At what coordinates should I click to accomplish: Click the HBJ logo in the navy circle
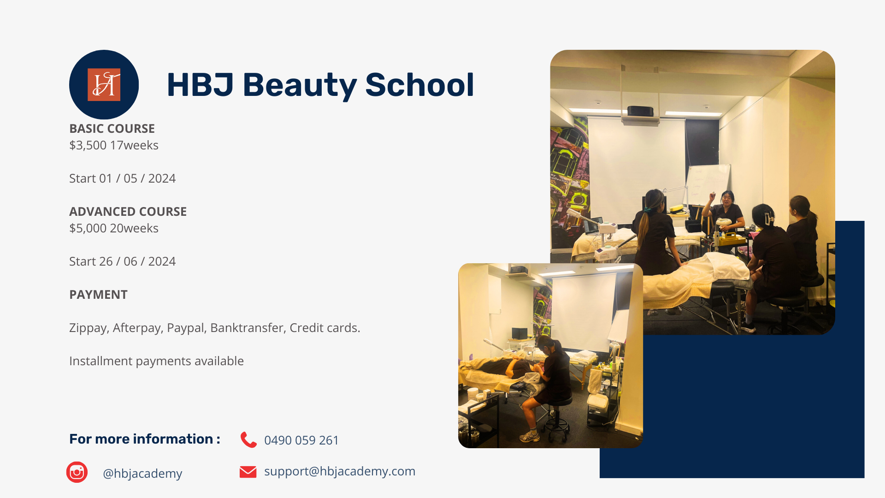(104, 85)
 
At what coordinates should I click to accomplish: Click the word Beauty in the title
(300, 86)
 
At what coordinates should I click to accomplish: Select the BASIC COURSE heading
(112, 129)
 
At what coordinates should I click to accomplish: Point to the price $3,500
(88, 145)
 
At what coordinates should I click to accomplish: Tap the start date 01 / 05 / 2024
(137, 178)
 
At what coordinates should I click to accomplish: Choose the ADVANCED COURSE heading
(128, 212)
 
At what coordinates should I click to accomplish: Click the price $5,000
(88, 228)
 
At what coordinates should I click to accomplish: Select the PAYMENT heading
(98, 295)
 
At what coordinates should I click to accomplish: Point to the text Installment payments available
(156, 361)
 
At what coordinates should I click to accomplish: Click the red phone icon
(248, 440)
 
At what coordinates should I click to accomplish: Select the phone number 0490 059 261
(301, 440)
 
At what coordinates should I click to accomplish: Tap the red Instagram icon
(77, 472)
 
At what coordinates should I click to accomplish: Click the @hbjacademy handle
(142, 474)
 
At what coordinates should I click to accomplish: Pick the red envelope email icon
(248, 472)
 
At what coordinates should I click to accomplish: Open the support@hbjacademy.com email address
(340, 471)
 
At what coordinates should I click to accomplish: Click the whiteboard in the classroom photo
(708, 184)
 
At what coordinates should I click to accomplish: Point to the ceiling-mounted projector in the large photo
(640, 111)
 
